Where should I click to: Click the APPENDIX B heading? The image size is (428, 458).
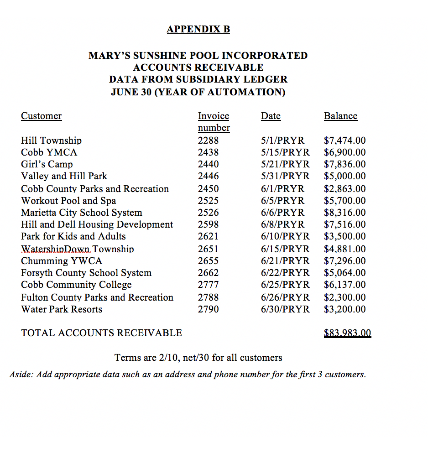tap(198, 29)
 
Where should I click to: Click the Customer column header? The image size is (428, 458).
tap(41, 116)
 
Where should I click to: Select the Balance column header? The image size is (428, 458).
tap(340, 116)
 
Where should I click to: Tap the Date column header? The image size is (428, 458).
tap(271, 116)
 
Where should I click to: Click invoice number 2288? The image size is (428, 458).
tap(208, 141)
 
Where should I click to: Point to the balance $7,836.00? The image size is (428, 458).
tap(344, 164)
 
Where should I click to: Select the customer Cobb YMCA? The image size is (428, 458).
tap(49, 152)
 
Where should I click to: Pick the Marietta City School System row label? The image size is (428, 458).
tap(81, 213)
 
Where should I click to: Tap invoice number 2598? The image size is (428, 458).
tap(208, 224)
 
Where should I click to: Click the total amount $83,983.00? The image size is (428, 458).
tap(347, 333)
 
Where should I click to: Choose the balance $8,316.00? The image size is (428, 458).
tap(344, 213)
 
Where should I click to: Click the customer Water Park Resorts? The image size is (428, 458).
tap(62, 309)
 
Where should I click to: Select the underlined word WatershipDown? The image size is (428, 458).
tap(56, 249)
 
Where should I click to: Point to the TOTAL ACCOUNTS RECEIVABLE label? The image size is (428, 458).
tap(101, 333)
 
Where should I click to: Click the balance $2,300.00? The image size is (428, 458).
tap(344, 297)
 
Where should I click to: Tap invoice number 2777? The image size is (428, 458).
tap(208, 285)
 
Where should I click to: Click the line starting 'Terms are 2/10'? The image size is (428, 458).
tap(198, 358)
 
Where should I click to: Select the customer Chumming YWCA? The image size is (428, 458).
tap(62, 261)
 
